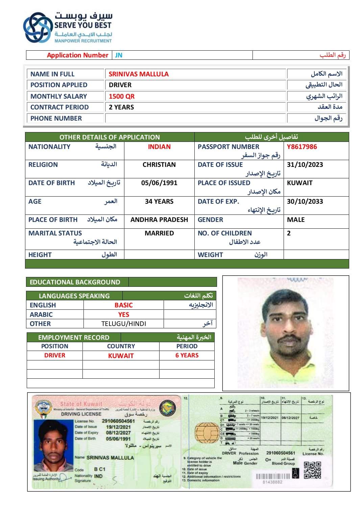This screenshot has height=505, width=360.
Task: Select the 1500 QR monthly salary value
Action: [122, 96]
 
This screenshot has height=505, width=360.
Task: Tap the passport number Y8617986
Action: [302, 147]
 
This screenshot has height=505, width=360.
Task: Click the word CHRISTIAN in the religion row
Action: [159, 165]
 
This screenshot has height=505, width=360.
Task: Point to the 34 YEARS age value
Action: [159, 201]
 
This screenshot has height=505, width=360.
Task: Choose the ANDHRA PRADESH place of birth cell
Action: [159, 220]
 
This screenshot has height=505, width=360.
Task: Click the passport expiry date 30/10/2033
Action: [305, 201]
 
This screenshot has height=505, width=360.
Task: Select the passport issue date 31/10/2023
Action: [305, 165]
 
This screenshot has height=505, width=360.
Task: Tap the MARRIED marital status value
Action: [159, 233]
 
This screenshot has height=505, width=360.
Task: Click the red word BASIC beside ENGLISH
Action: [123, 305]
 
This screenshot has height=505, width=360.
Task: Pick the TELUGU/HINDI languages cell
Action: [124, 324]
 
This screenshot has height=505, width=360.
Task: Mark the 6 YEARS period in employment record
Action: [187, 355]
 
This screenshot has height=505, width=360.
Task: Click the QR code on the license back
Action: [312, 470]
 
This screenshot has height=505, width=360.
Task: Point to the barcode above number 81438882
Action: [273, 476]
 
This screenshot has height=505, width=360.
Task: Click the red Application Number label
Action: [77, 55]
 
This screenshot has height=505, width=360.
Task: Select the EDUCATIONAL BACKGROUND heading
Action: [75, 282]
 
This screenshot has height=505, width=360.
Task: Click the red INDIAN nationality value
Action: [159, 147]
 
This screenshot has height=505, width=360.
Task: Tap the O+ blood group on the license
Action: [268, 460]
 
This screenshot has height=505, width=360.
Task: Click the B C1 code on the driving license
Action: [100, 469]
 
